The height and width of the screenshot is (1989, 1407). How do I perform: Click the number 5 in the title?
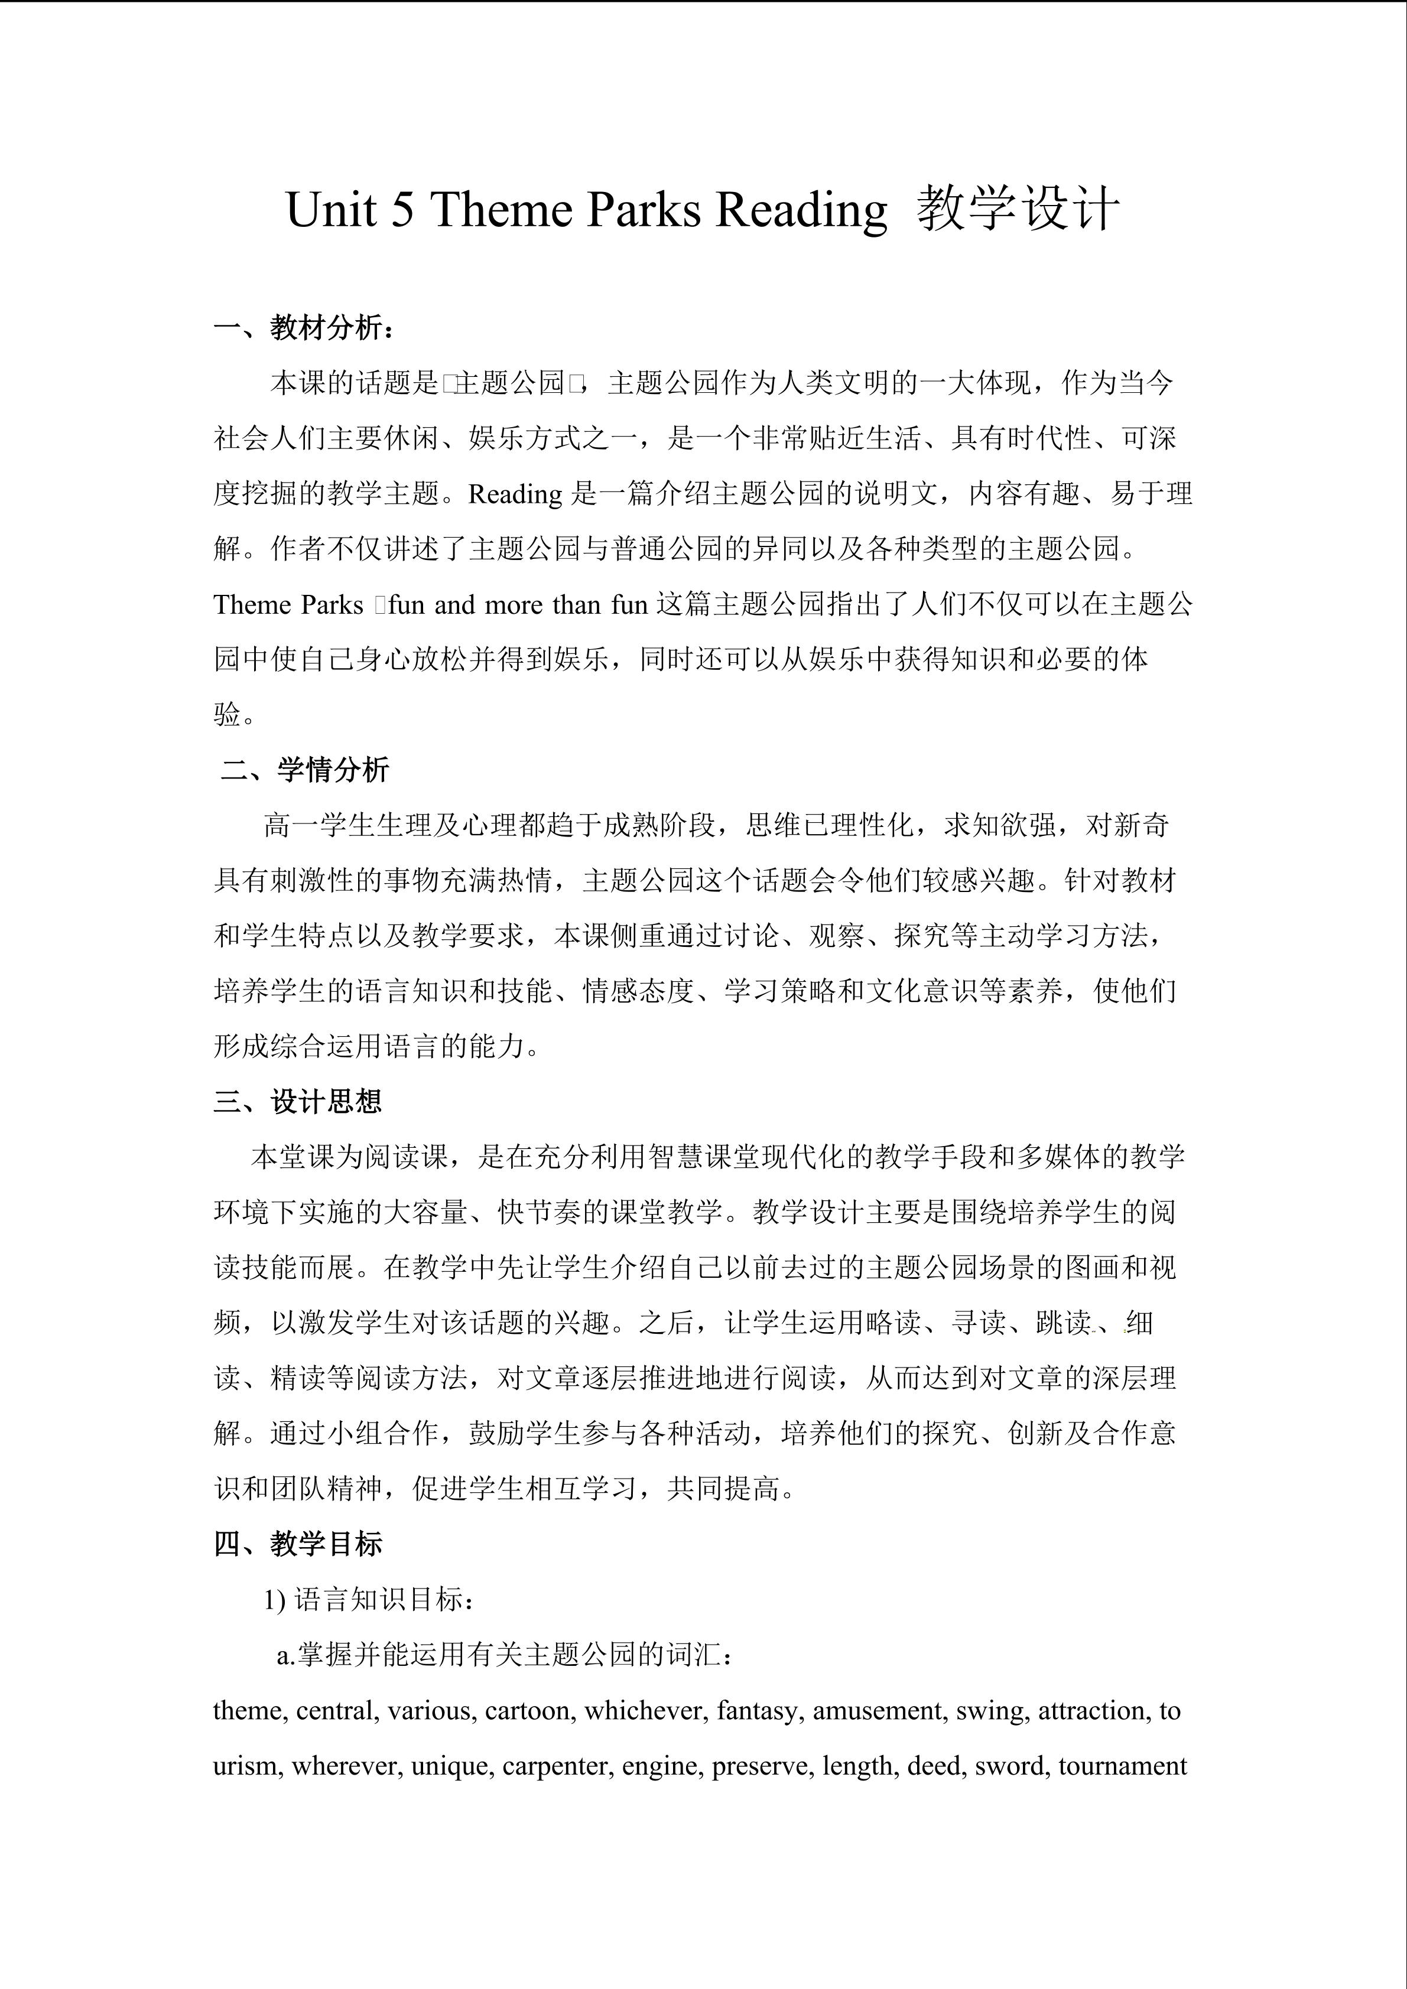click(401, 210)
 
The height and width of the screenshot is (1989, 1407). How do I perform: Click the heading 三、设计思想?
click(298, 1101)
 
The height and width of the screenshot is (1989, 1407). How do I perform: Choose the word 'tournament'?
click(1122, 1766)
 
